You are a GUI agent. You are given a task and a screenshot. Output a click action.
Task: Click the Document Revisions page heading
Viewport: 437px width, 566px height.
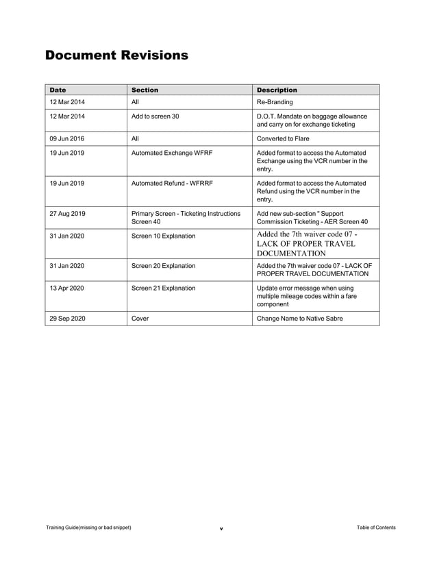click(116, 56)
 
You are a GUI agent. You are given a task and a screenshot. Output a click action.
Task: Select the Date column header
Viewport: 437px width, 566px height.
click(58, 90)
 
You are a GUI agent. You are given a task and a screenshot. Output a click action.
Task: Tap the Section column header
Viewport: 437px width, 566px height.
click(145, 90)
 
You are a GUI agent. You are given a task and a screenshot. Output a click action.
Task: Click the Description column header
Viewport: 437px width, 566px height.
click(277, 90)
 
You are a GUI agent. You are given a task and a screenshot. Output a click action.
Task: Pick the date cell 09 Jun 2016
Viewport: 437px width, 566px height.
click(67, 138)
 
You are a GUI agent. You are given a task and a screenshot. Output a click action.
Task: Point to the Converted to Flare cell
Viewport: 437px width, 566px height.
click(283, 138)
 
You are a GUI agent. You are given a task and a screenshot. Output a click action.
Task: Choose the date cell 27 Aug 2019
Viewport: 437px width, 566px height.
click(67, 214)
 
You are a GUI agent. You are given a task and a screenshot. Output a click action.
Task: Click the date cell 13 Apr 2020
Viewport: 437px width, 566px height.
click(66, 288)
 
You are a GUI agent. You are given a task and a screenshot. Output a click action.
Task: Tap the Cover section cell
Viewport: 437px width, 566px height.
click(140, 319)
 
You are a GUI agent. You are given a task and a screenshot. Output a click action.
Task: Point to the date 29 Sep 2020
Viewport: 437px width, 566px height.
click(67, 319)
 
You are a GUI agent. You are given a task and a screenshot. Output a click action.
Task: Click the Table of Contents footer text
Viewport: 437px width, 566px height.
click(376, 528)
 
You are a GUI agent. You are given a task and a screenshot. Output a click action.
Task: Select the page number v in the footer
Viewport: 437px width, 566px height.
click(221, 529)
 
